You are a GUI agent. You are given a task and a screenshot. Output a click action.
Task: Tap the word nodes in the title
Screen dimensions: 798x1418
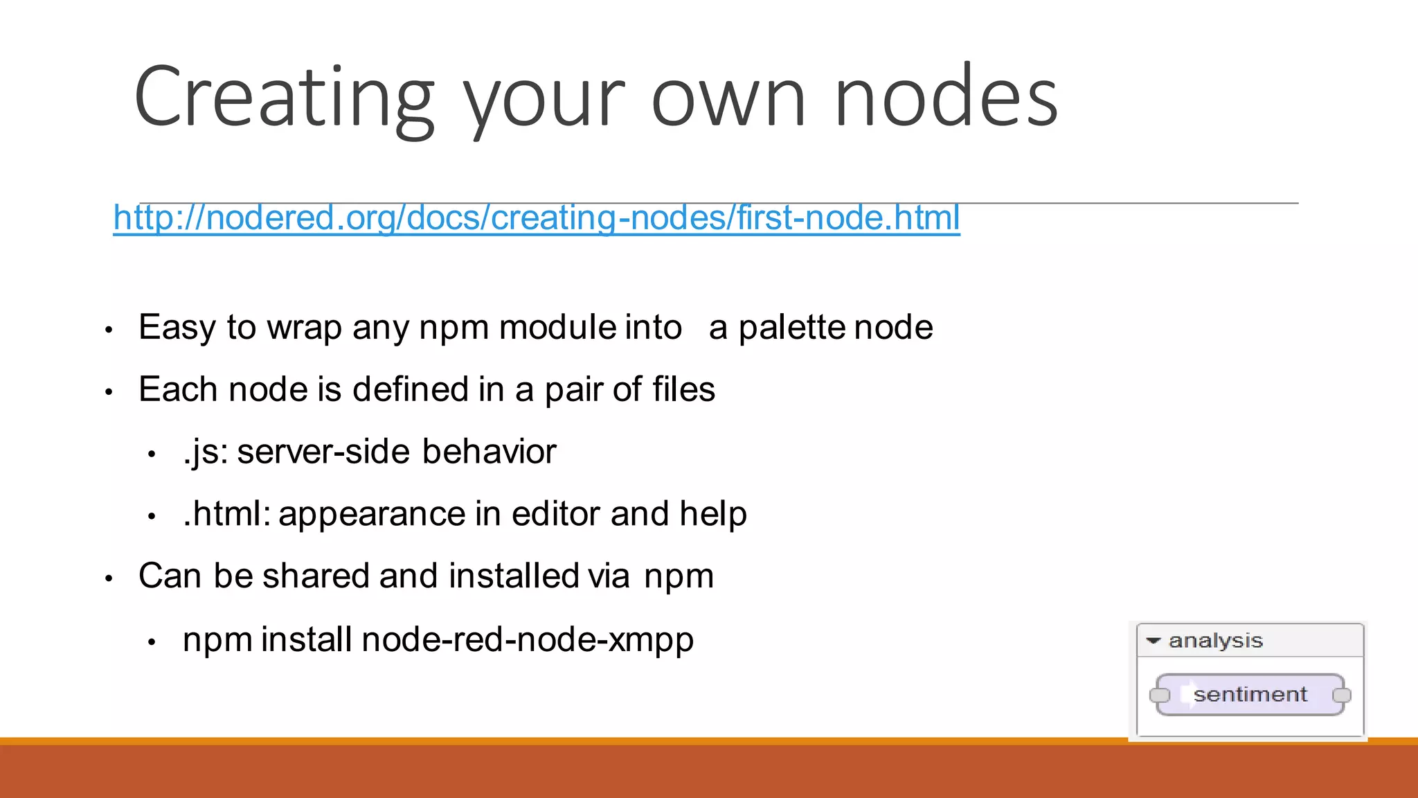pos(946,97)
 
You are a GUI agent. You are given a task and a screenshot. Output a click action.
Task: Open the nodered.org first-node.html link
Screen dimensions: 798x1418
pos(537,218)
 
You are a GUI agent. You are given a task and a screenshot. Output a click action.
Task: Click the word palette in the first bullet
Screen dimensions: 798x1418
pos(792,327)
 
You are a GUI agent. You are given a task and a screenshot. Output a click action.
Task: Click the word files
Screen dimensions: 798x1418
pos(683,389)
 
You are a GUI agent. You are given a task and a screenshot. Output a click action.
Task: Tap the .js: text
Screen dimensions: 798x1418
pos(206,452)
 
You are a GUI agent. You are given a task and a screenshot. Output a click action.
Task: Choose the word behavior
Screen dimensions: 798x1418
pos(489,452)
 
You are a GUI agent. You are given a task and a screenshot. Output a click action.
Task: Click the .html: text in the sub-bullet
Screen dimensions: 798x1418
pos(226,514)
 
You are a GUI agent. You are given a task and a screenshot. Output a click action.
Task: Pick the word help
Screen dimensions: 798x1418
pos(713,514)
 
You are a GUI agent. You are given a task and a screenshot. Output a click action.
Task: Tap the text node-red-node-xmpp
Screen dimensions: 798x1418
pos(528,639)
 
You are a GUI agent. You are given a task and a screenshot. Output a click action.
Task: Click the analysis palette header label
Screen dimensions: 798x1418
pos(1216,641)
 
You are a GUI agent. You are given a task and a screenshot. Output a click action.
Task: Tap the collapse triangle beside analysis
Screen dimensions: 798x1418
pos(1153,641)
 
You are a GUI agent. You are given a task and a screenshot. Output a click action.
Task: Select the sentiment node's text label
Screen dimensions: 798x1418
pos(1250,694)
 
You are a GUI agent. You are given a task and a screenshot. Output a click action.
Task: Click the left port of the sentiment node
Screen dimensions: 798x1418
pos(1158,695)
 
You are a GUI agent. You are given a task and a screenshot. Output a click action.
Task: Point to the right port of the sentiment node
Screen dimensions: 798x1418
pos(1342,695)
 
